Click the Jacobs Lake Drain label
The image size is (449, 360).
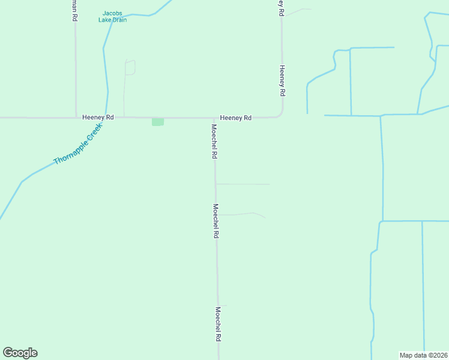112,16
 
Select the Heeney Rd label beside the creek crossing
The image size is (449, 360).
98,118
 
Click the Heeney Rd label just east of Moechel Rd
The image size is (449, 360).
235,118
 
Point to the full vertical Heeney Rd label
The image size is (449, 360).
282,81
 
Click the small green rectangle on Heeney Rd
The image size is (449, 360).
158,122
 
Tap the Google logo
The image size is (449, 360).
20,353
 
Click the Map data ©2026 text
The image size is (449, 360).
423,355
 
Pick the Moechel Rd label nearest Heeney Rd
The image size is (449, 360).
214,141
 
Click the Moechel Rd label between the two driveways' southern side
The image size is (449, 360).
215,222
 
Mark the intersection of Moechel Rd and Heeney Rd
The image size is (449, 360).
215,118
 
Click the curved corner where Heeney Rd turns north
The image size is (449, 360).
280,115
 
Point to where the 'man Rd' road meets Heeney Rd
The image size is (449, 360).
76,118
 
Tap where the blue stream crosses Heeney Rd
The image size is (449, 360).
106,118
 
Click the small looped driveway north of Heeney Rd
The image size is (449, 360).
130,67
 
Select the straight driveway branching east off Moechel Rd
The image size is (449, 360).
243,184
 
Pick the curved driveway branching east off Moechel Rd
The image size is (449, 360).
243,214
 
